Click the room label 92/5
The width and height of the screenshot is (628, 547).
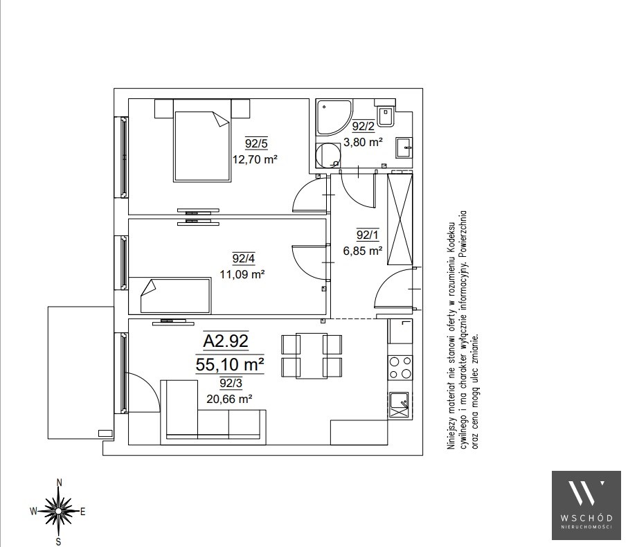tap(256, 143)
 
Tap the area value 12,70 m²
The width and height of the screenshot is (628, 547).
tap(255, 159)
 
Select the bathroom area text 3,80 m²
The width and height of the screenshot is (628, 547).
tap(364, 142)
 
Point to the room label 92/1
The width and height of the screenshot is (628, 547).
tap(367, 235)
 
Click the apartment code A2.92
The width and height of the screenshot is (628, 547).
tap(226, 341)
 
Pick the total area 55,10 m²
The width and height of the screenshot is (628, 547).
tap(229, 364)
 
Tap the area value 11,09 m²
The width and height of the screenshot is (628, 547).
tap(242, 274)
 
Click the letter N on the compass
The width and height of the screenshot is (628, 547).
tap(60, 483)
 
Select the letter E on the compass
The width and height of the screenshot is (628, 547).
tap(83, 512)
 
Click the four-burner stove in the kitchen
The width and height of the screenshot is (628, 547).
tap(400, 368)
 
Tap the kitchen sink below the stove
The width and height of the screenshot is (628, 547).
tap(399, 405)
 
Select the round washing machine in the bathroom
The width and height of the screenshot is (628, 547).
tap(328, 156)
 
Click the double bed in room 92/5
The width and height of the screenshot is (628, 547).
tap(202, 141)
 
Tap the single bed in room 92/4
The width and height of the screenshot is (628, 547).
tap(175, 296)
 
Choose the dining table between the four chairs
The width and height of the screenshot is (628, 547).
tap(312, 356)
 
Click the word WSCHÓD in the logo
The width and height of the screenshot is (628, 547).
tap(586, 518)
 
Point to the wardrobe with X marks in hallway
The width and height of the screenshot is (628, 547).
tap(400, 218)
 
